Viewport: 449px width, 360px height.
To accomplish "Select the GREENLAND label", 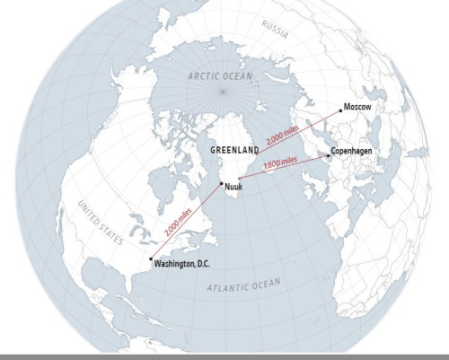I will (x=234, y=150).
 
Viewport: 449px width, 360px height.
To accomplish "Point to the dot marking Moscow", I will (x=341, y=110).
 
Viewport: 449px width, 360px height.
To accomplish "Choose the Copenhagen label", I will (x=352, y=152).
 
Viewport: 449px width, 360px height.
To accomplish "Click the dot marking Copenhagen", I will (x=328, y=156).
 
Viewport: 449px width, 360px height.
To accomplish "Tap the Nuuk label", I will (x=233, y=186).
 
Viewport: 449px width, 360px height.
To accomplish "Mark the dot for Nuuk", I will (x=222, y=185).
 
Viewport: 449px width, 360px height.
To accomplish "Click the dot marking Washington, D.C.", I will (x=150, y=259).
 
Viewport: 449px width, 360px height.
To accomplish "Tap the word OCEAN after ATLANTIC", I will (x=266, y=284).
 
